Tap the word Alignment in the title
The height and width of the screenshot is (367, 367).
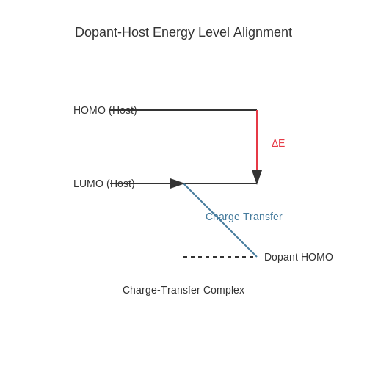tap(263, 32)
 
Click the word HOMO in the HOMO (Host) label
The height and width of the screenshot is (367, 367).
tap(90, 110)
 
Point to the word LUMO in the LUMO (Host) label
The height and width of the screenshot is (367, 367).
tap(88, 183)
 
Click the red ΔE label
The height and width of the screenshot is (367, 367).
tap(278, 143)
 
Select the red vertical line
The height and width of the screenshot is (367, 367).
tap(257, 140)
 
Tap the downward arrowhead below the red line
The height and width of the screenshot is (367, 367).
tap(257, 177)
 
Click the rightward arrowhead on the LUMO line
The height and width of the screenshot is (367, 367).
tap(177, 183)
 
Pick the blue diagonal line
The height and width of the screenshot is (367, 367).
tap(220, 220)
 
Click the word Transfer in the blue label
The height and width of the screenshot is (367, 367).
tap(263, 217)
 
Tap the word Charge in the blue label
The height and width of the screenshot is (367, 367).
tap(222, 217)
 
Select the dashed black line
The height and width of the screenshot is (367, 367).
tap(220, 257)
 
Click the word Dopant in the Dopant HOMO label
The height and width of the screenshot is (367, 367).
tap(281, 258)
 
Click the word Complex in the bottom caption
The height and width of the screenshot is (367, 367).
tap(224, 291)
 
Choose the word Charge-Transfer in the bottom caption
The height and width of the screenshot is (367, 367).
tap(161, 290)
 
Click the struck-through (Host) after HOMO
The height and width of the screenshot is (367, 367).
tap(123, 110)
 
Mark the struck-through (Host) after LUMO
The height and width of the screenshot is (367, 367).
tap(120, 183)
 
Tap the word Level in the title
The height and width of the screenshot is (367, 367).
tap(214, 32)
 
